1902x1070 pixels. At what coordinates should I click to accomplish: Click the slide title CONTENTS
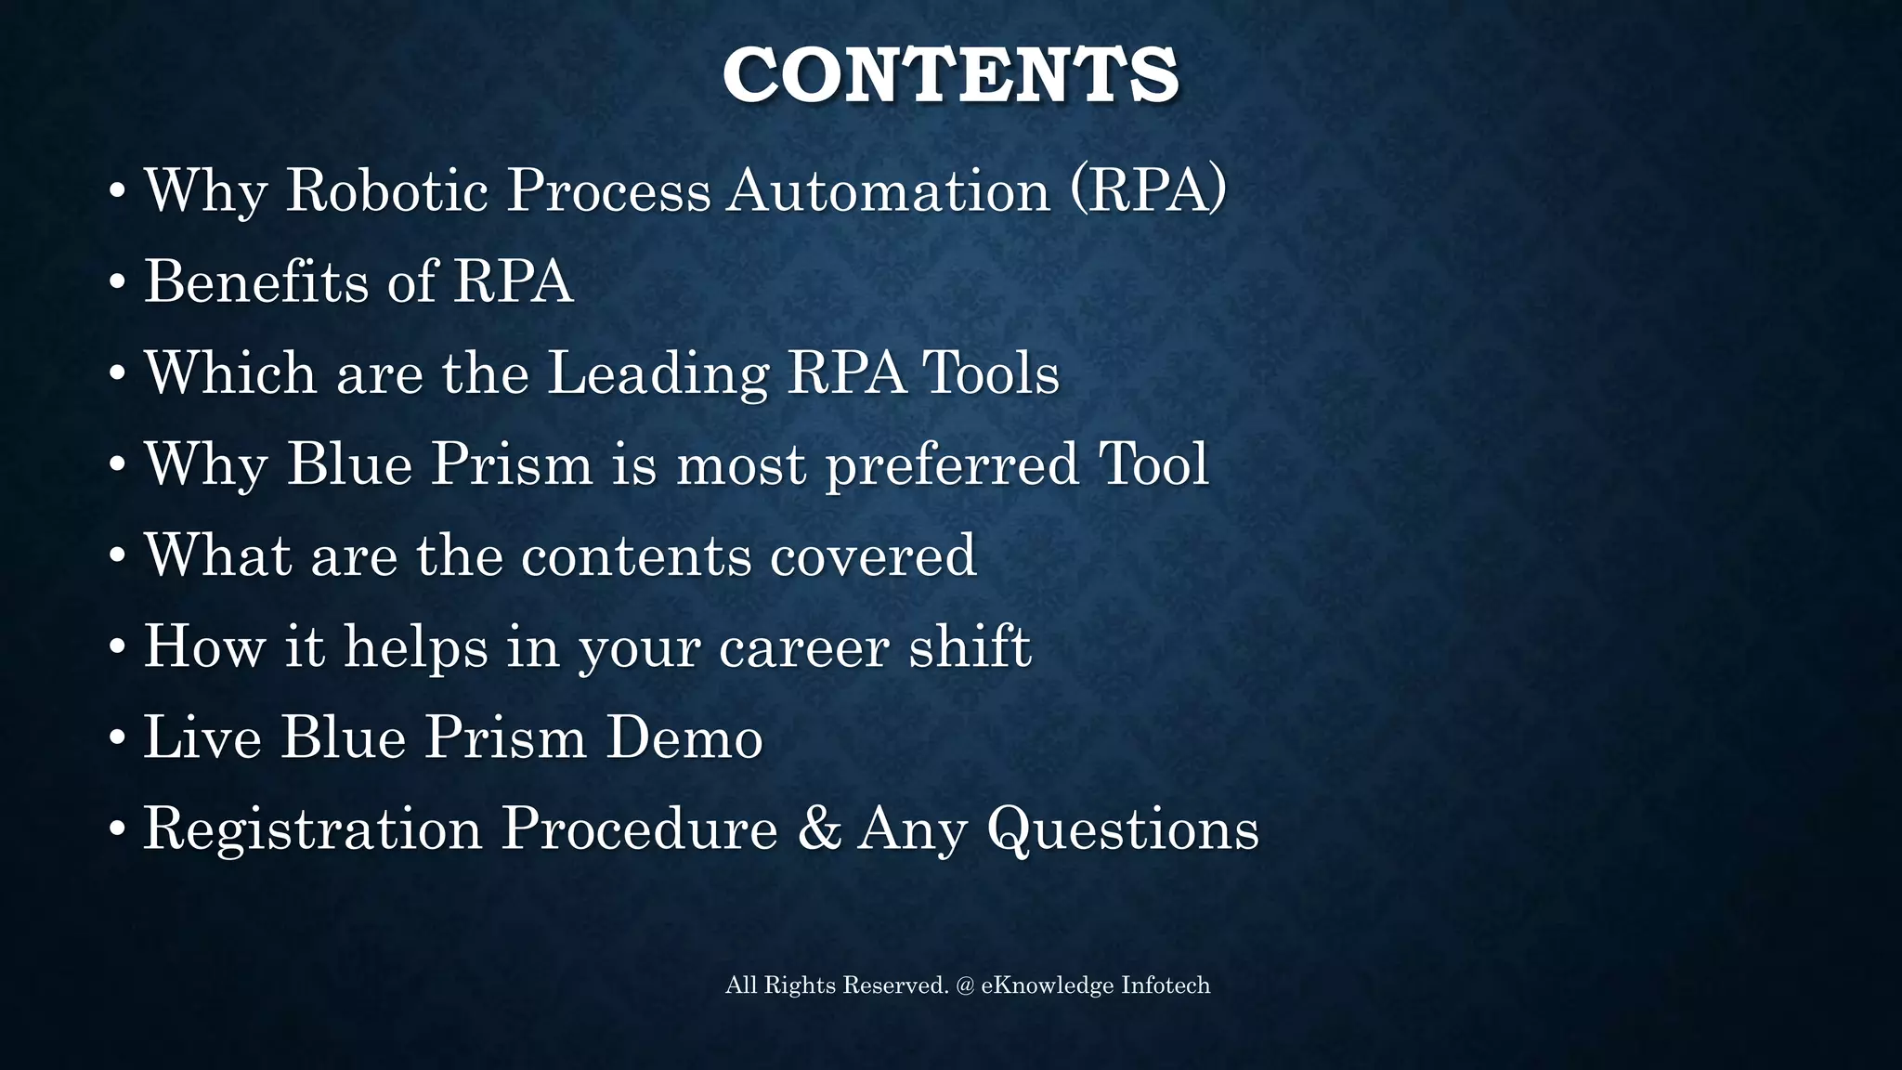tap(950, 74)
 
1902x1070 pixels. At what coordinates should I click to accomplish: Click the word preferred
tap(952, 465)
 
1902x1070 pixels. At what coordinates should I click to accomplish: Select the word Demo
tap(684, 737)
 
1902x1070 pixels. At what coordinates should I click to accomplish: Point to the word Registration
tap(312, 829)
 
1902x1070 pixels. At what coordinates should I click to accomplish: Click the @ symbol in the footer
tap(965, 985)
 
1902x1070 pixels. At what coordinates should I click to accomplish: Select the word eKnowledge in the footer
tap(1047, 985)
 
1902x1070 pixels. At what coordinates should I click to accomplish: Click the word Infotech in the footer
tap(1166, 985)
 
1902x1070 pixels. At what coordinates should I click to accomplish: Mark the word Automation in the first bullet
tap(888, 190)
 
